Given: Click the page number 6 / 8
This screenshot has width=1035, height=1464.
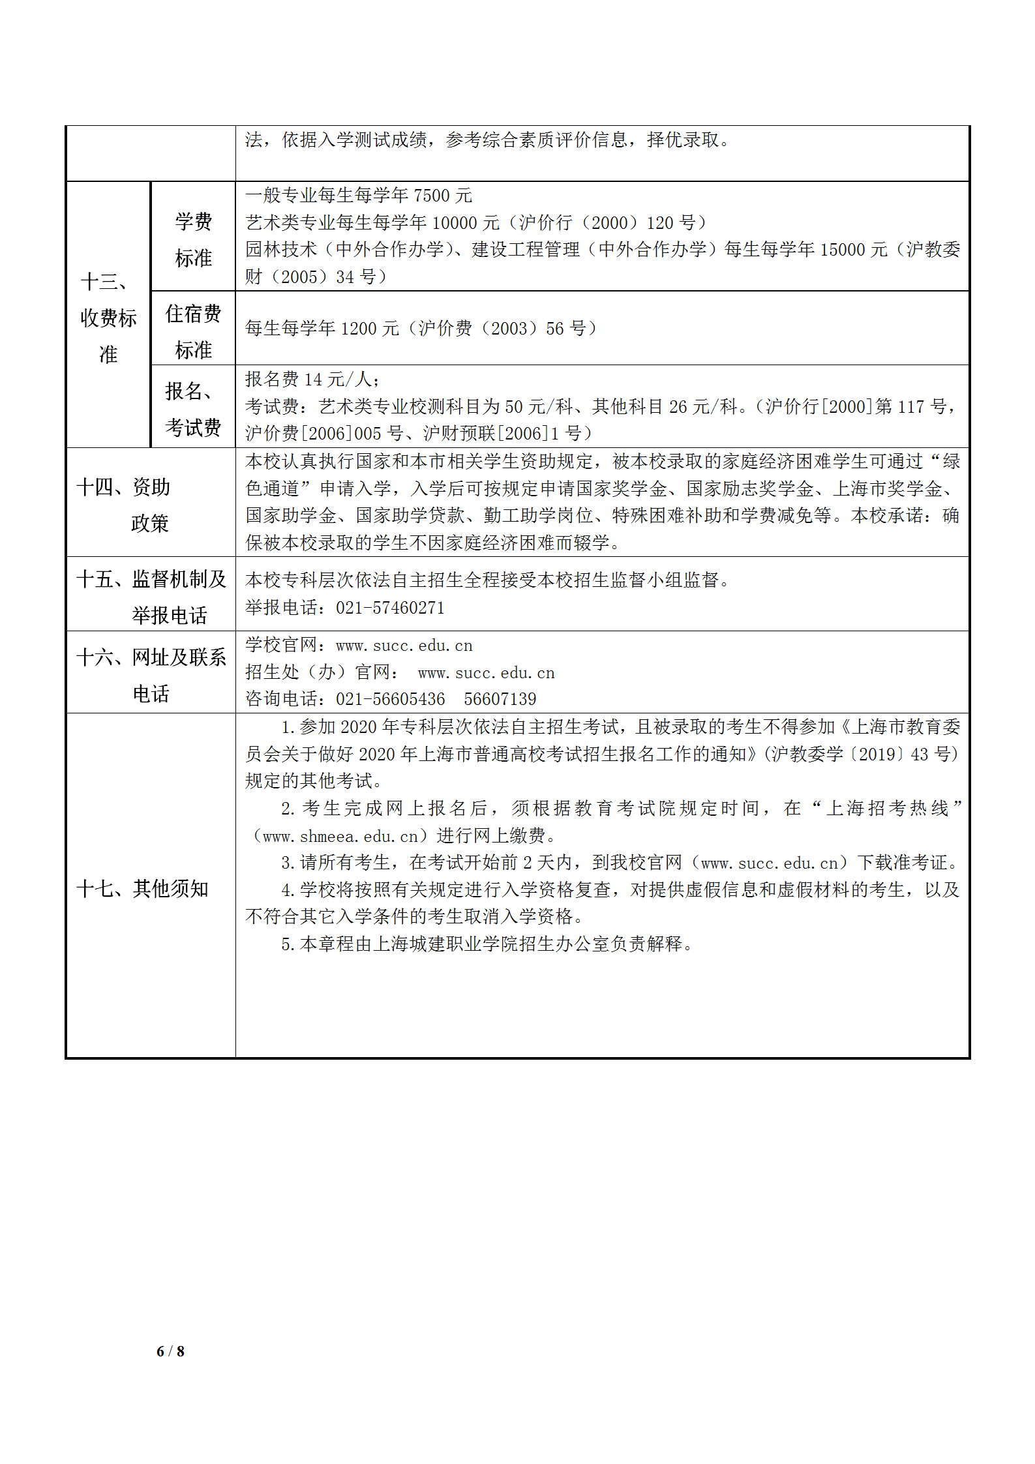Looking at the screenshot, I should pyautogui.click(x=170, y=1351).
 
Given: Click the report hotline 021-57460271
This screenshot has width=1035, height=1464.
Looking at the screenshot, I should pyautogui.click(x=390, y=608).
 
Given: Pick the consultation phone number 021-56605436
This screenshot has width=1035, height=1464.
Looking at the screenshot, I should pyautogui.click(x=390, y=699).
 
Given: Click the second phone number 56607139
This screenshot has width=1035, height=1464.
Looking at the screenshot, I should pyautogui.click(x=500, y=699).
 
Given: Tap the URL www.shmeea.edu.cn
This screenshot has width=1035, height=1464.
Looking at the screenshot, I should pyautogui.click(x=340, y=836).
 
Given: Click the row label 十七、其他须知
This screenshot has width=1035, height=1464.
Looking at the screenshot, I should pyautogui.click(x=142, y=888).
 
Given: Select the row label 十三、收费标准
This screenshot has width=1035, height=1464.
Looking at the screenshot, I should pyautogui.click(x=108, y=318).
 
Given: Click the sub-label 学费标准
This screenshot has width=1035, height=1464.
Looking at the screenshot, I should pyautogui.click(x=193, y=239).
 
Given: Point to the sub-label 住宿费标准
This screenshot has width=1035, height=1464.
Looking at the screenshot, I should pyautogui.click(x=193, y=331).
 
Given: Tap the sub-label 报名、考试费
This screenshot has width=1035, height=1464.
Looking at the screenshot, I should pyautogui.click(x=193, y=409).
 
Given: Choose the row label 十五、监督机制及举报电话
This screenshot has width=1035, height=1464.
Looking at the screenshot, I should pyautogui.click(x=151, y=596).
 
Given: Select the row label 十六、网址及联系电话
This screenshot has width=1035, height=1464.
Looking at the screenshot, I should pyautogui.click(x=151, y=675).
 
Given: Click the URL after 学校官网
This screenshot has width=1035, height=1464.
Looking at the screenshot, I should pyautogui.click(x=404, y=646).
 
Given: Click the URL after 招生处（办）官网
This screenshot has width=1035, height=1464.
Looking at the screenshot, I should pyautogui.click(x=486, y=673).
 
